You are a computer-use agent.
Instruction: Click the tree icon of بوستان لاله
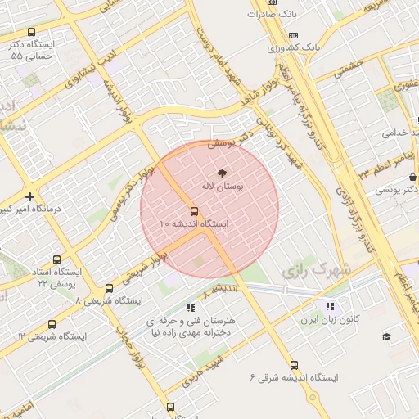point(221,173)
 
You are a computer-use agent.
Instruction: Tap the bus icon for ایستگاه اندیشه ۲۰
point(193,209)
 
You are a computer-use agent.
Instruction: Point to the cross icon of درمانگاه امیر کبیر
point(30,196)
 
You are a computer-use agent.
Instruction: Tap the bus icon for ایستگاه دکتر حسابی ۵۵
point(30,32)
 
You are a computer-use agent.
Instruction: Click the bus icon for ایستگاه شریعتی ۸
point(109,288)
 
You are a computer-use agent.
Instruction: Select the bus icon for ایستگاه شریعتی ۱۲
point(52,324)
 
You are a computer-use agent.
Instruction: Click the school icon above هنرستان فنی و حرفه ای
point(191,308)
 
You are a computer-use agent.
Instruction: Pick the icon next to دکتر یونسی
point(413,176)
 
